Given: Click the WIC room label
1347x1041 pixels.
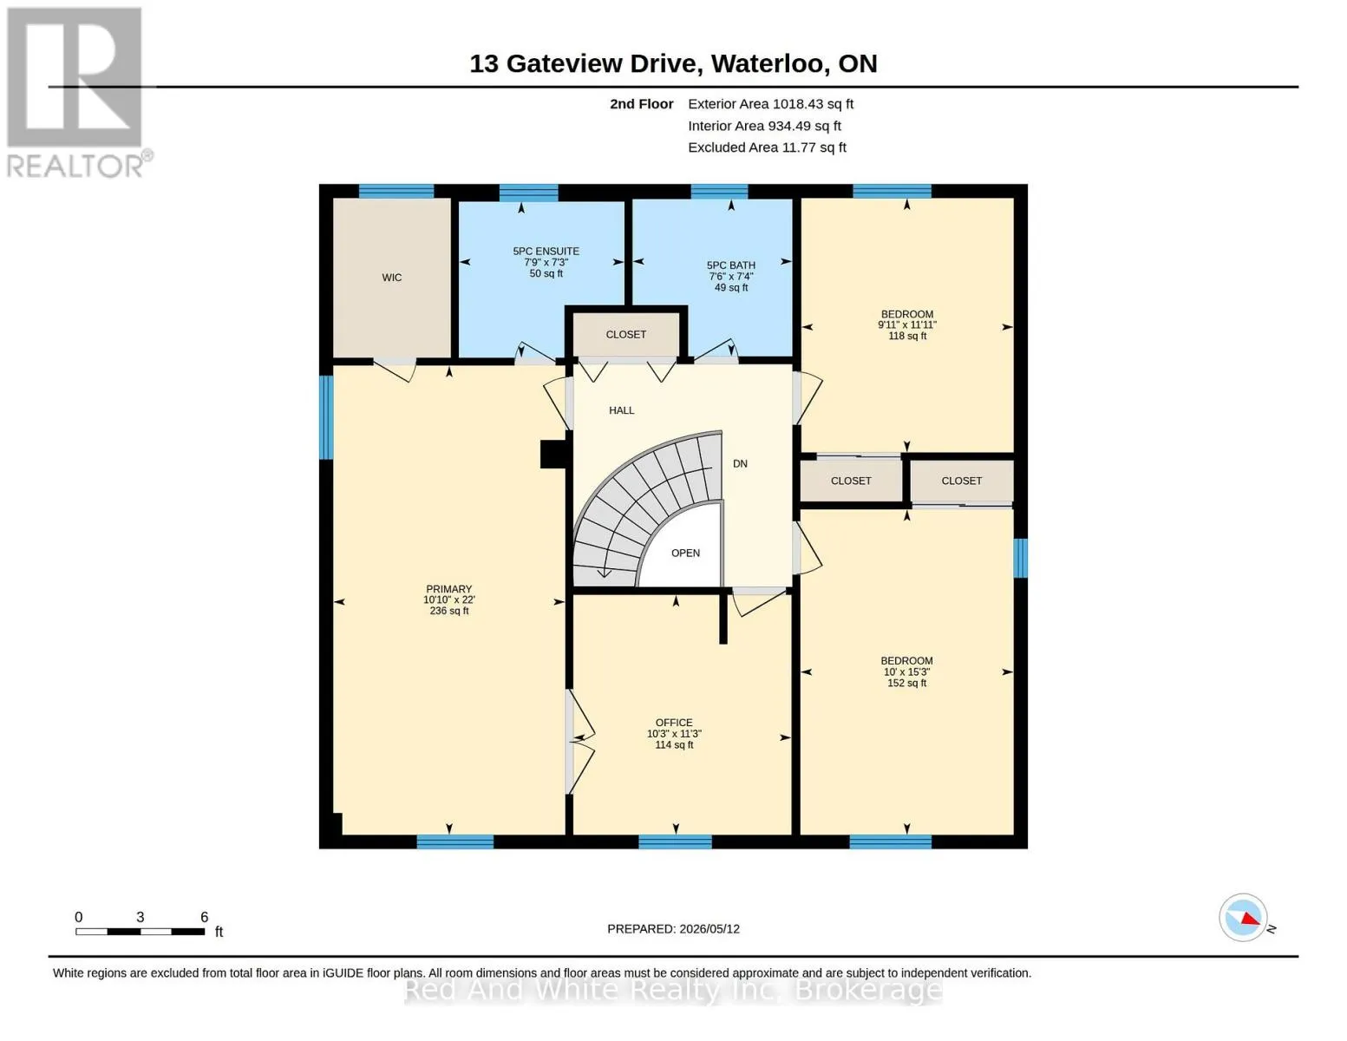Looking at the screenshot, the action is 391,277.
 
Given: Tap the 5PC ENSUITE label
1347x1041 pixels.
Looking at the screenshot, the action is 546,251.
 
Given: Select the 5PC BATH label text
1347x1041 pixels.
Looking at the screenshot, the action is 731,265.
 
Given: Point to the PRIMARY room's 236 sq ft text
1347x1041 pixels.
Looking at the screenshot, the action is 448,611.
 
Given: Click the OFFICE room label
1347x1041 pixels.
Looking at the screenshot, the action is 674,723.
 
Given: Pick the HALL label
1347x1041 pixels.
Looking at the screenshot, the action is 621,410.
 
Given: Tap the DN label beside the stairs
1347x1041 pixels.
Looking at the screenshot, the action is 740,464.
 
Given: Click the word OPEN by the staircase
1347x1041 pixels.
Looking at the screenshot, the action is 685,553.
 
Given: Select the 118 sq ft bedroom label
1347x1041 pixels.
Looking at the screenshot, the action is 907,336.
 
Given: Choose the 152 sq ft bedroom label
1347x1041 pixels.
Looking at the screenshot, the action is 906,684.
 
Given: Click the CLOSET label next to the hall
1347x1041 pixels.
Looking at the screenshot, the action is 625,335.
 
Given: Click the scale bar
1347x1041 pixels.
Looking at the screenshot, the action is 141,931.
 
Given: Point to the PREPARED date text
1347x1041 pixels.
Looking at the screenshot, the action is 673,929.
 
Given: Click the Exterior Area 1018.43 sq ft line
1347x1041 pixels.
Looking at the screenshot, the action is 770,104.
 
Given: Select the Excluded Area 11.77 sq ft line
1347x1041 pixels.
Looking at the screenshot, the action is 767,147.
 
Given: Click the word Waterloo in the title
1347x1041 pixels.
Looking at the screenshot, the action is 768,64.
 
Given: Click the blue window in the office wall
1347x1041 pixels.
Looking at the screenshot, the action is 675,841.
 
